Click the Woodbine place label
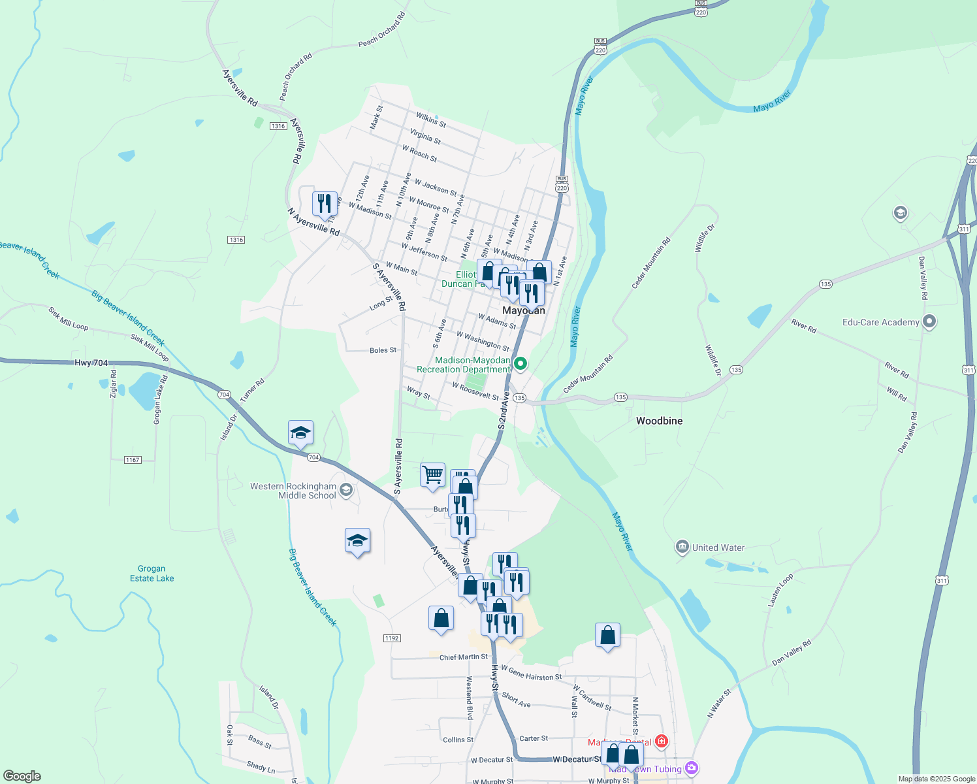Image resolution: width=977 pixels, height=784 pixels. click(659, 421)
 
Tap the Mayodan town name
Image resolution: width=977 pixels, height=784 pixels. click(523, 310)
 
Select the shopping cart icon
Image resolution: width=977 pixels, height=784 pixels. click(432, 475)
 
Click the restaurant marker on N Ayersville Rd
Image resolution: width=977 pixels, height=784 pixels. click(325, 204)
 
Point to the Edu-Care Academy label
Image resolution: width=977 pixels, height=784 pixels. click(880, 322)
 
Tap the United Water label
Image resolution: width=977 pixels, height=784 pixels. click(718, 547)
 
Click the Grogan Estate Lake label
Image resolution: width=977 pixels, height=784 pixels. click(152, 573)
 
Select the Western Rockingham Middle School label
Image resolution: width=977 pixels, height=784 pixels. click(293, 491)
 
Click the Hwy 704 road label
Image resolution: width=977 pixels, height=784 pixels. click(91, 363)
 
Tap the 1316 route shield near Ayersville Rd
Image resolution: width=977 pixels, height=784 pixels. click(278, 126)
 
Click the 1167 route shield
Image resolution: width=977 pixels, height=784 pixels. click(133, 460)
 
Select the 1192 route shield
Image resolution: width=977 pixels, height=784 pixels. click(392, 638)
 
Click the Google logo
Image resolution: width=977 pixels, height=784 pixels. click(22, 776)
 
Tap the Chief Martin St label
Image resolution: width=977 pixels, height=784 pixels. click(463, 657)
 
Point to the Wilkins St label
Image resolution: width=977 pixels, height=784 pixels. click(431, 119)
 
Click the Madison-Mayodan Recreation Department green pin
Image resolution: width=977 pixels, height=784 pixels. click(521, 364)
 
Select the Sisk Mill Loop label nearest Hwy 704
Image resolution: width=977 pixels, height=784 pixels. click(150, 348)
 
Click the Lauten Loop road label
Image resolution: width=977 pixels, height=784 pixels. click(780, 590)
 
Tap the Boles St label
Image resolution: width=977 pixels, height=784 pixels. click(383, 350)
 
